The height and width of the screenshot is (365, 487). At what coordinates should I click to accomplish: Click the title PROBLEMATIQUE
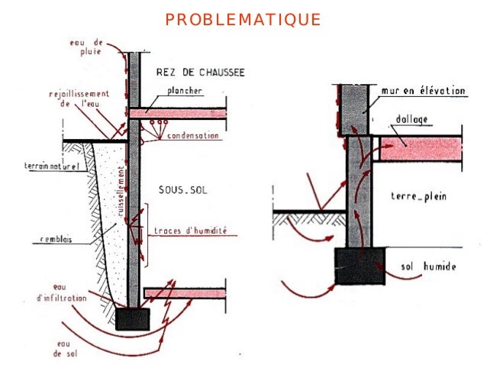243,19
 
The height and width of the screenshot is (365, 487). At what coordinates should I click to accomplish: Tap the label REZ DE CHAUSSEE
199,73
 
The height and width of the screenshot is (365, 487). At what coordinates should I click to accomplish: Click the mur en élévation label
423,90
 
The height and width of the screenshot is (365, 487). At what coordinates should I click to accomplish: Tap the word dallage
416,120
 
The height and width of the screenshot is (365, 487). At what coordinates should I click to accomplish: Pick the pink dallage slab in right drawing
421,150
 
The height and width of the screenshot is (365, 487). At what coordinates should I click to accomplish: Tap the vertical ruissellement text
121,189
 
